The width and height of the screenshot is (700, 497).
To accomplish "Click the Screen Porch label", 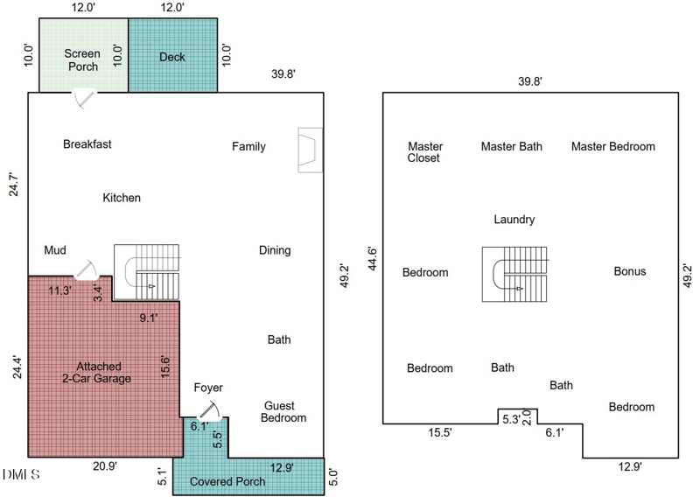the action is [x=82, y=60].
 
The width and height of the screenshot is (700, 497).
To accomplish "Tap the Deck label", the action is [x=172, y=57].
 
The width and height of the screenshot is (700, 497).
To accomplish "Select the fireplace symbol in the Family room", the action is [x=311, y=150].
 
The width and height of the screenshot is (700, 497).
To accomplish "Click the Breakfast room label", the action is [x=87, y=144].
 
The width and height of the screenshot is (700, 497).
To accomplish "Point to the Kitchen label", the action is [x=122, y=198].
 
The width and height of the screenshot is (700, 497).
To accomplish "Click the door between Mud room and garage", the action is [x=86, y=270].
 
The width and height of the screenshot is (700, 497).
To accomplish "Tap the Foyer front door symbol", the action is [x=209, y=412].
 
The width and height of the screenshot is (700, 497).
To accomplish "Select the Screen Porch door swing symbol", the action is [x=84, y=99].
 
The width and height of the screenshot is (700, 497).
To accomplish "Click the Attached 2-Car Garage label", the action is [x=97, y=373].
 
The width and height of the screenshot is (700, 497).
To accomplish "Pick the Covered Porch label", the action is [x=227, y=481].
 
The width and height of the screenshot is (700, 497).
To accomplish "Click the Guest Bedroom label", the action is [x=283, y=412].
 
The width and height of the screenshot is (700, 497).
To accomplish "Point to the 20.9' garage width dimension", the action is [x=105, y=466].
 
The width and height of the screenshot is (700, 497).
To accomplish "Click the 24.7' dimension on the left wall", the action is [x=14, y=184].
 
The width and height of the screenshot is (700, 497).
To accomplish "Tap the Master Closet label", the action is [x=424, y=152].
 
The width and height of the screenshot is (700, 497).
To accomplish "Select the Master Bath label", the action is [x=512, y=146].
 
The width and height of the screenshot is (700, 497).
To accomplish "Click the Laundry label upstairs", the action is [x=514, y=220].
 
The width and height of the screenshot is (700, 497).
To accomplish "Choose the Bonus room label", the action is [x=630, y=271].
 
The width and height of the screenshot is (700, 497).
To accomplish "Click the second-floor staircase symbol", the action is [x=514, y=274].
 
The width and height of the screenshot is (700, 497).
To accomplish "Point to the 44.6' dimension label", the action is [x=372, y=258].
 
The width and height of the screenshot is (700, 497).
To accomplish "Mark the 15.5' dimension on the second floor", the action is [x=440, y=433].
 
